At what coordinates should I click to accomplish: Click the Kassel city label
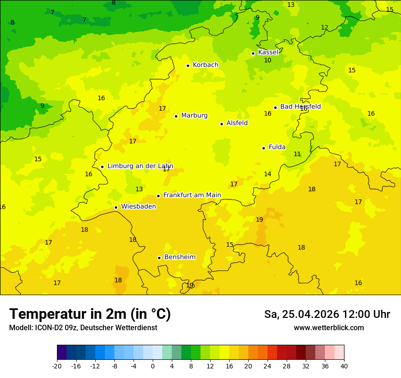coord(268,52)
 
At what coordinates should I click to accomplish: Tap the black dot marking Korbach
coord(188,66)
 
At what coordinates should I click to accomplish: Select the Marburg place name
coord(194,116)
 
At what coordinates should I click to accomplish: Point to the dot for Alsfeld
coord(222,124)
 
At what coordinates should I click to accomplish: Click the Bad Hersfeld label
coord(300,107)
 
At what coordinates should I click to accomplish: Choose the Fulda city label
coord(277,147)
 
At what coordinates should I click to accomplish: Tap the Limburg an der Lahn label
coord(140,166)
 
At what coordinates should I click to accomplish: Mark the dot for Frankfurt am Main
coord(159,196)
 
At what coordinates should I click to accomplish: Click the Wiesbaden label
coord(139,207)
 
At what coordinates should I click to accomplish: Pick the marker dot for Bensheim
coord(159,258)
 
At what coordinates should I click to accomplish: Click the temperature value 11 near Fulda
coord(297,154)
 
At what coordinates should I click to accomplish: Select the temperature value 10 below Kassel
coord(267,61)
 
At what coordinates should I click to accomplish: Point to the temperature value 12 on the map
coord(324,28)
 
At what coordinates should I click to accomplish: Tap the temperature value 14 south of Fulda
coord(267,174)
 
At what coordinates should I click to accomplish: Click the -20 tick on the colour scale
coord(57,366)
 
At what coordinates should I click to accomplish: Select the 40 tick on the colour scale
coord(344,366)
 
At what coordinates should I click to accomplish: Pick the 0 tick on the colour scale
coord(153,366)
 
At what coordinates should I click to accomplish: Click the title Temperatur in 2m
coord(90,314)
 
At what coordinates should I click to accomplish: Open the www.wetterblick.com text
coord(329,328)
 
